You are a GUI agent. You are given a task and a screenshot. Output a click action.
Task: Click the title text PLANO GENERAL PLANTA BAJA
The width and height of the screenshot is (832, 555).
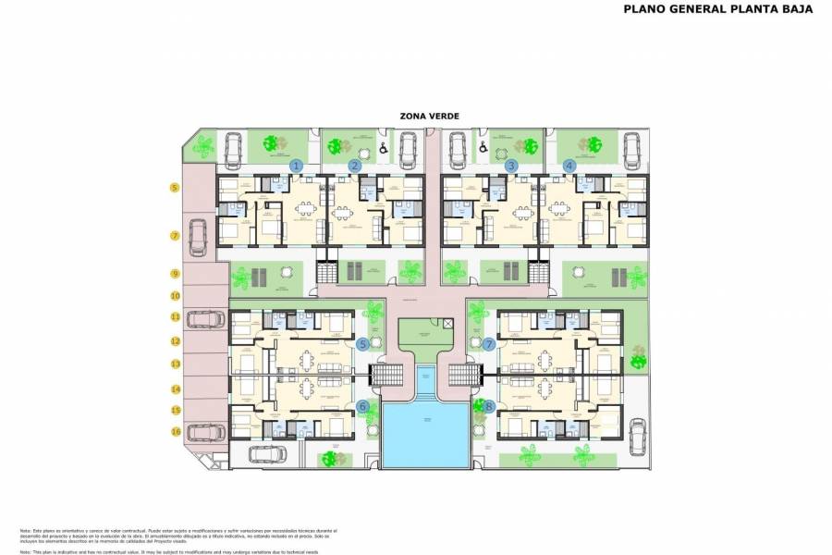coord(718,10)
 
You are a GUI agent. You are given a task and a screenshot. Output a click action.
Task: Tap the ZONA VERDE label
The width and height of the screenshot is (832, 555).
coord(429,116)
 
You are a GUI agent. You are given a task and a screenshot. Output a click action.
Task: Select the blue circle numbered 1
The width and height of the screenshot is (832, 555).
coord(296,166)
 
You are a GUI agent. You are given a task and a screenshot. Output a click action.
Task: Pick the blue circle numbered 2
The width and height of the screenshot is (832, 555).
coord(354,166)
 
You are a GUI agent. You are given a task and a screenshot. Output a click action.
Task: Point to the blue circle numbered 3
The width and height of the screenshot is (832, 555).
coord(511,166)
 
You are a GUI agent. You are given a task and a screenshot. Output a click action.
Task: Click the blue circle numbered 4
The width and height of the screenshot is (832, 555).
coord(569,166)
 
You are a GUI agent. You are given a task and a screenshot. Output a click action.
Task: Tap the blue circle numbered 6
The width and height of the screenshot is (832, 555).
coord(363,405)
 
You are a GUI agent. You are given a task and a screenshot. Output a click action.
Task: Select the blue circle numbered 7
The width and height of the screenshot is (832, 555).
coord(489,344)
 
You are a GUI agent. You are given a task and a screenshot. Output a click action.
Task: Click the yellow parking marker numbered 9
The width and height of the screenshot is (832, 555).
coord(174,274)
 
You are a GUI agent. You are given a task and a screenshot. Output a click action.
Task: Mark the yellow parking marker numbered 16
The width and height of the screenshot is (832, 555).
coord(174,432)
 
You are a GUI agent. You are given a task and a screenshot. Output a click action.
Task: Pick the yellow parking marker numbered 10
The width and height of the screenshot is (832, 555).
coord(174,296)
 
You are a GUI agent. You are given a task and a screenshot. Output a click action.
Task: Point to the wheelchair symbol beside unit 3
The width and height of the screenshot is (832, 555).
coord(482,146)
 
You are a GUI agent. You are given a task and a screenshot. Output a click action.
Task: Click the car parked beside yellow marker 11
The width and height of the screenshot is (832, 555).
coord(205,319)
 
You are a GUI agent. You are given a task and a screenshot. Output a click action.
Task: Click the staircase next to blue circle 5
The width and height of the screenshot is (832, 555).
coord(386,375)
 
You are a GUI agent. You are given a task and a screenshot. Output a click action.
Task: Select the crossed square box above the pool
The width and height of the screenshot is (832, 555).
coord(447,324)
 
